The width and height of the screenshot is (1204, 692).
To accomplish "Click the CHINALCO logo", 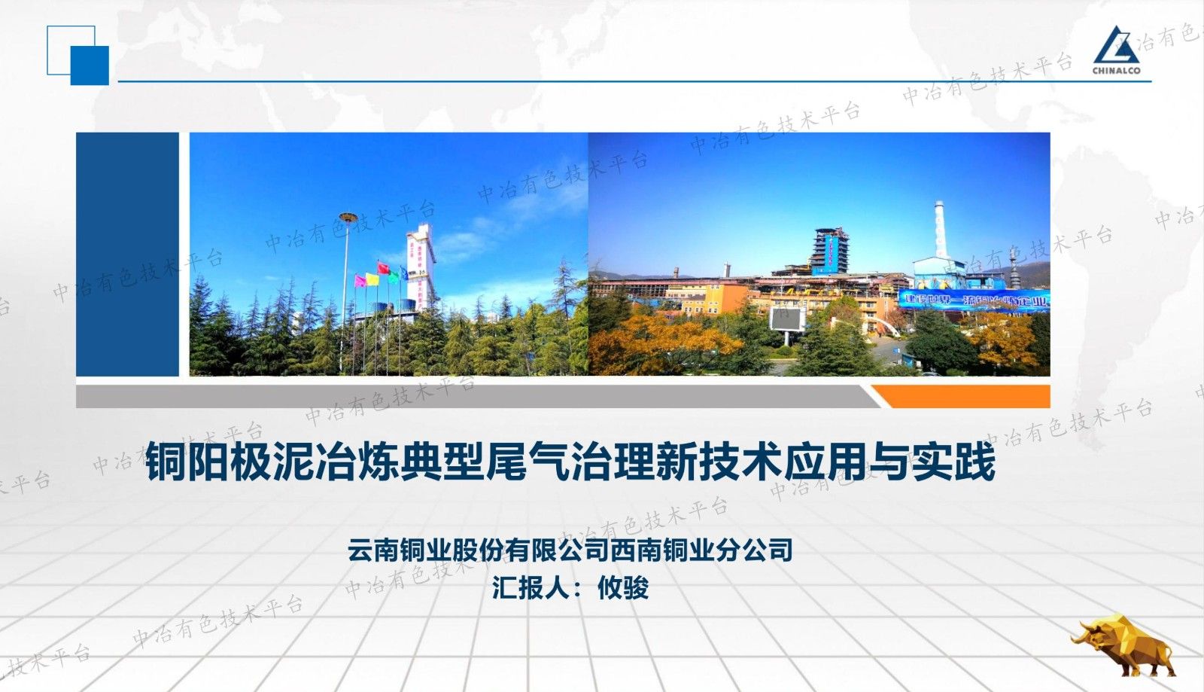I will (1116, 50).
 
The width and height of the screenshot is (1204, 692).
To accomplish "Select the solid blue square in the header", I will (90, 65).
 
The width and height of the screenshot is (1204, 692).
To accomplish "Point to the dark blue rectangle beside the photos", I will (127, 254).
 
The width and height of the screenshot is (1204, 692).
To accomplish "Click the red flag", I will (382, 267).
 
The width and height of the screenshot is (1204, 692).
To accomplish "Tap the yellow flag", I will (371, 278).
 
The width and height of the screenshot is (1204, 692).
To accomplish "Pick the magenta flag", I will (360, 281).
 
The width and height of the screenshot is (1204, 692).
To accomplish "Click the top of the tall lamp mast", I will (347, 218).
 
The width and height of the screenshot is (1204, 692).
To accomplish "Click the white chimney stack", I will (939, 229).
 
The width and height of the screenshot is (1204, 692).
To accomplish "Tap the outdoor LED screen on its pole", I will (787, 319).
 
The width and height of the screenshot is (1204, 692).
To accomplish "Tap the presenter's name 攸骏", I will (623, 587).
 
